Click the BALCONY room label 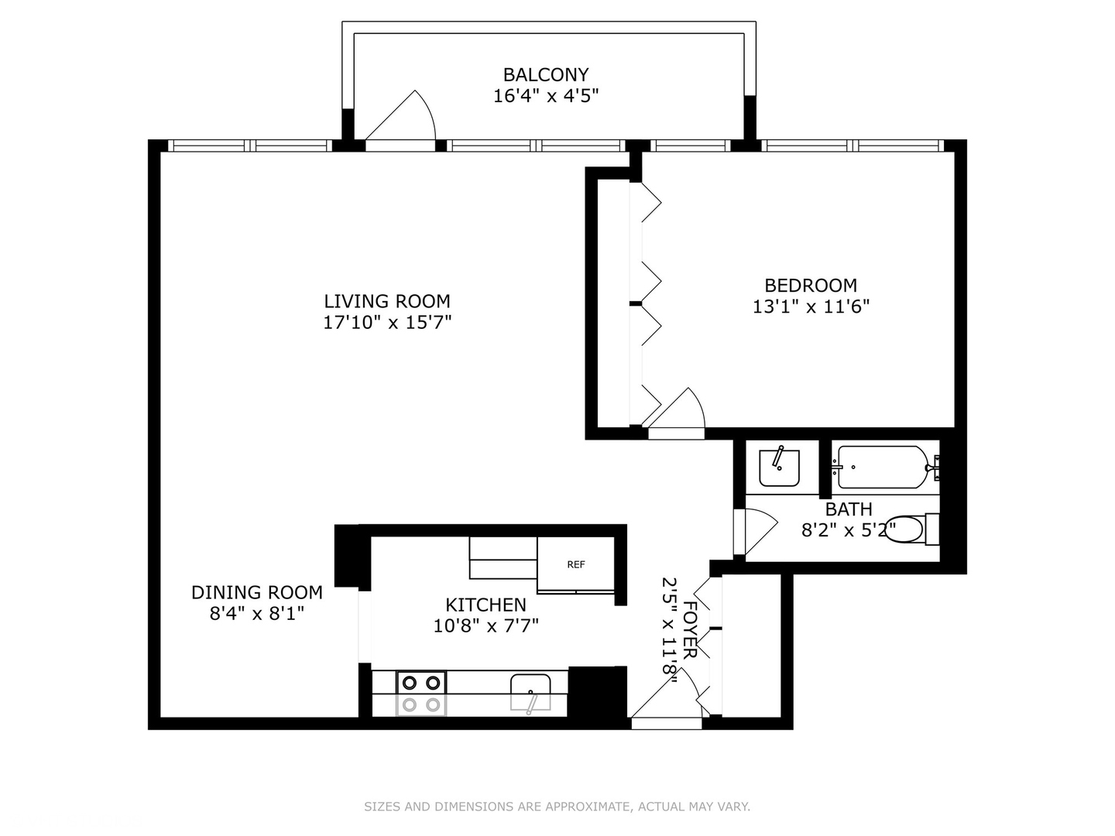(x=546, y=75)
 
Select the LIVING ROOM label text (x=386, y=301)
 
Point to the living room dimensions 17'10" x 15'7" (x=386, y=323)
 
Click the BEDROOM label (x=811, y=285)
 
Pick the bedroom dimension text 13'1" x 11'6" (x=811, y=307)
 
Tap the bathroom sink (x=779, y=467)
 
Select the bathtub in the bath (x=882, y=467)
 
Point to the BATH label (x=849, y=509)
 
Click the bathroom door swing (x=758, y=529)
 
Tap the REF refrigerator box (x=575, y=564)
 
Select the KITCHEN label (x=485, y=605)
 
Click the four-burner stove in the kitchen (x=422, y=693)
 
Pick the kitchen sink (x=530, y=691)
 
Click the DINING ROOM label (x=256, y=592)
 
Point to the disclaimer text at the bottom (x=557, y=807)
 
